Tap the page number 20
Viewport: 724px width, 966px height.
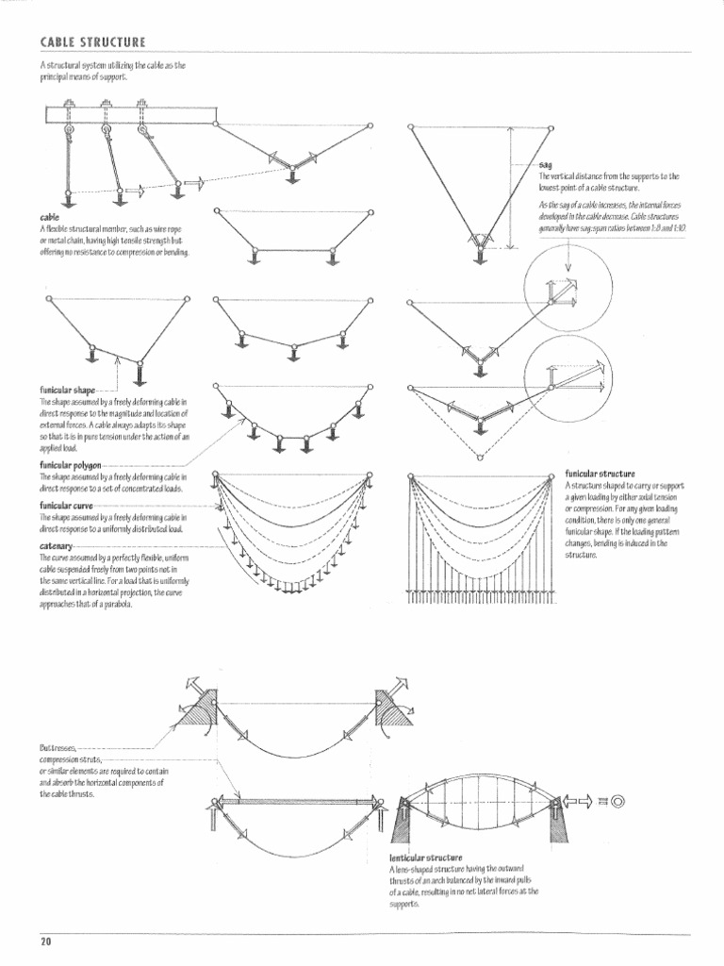pyautogui.click(x=44, y=941)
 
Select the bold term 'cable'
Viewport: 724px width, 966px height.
pyautogui.click(x=49, y=218)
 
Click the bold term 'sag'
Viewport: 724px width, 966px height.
pyautogui.click(x=544, y=164)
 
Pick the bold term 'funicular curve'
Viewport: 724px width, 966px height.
pyautogui.click(x=69, y=506)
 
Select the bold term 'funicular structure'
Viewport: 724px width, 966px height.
pyautogui.click(x=600, y=473)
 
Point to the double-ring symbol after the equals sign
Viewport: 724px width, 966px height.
pyautogui.click(x=618, y=801)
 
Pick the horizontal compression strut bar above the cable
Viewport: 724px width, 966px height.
pyautogui.click(x=298, y=802)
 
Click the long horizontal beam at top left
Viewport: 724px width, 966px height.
pyautogui.click(x=132, y=114)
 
